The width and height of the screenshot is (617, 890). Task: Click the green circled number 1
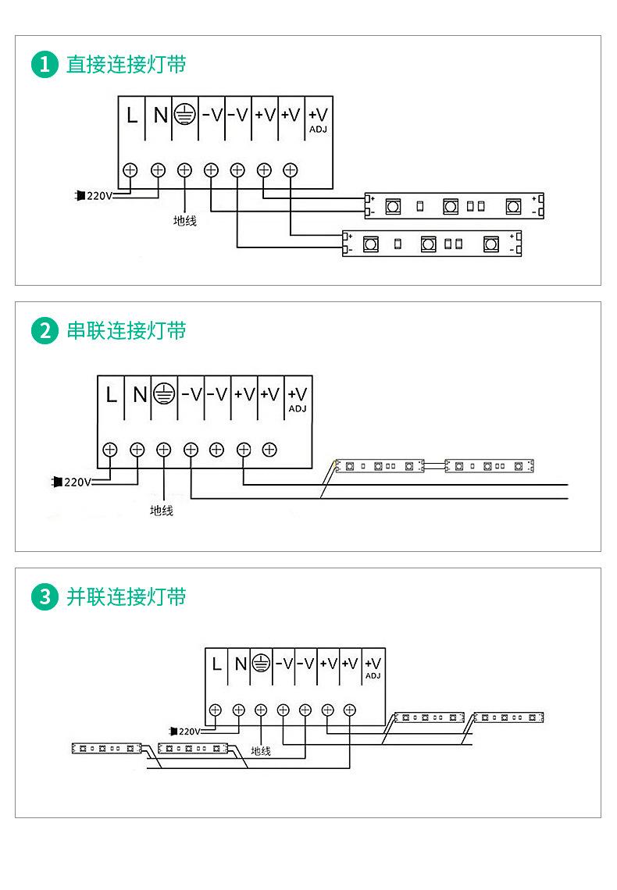[x=45, y=65]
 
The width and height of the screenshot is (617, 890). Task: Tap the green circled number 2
[x=45, y=331]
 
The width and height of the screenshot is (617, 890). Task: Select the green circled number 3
[x=45, y=598]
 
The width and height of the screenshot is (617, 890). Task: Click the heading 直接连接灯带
[x=126, y=65]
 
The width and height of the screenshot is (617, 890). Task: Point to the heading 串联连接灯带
[x=126, y=331]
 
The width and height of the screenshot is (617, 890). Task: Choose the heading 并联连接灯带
[x=126, y=598]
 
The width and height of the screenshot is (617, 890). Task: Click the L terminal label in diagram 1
[x=132, y=116]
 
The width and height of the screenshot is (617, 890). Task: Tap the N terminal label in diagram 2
[x=139, y=395]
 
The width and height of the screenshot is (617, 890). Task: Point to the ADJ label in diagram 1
[x=318, y=129]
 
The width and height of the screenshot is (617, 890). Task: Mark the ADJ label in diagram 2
[x=298, y=408]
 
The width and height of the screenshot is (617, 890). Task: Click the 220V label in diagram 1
[x=99, y=196]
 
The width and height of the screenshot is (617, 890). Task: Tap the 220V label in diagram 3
[x=189, y=732]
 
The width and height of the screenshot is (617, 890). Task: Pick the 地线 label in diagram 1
[x=185, y=221]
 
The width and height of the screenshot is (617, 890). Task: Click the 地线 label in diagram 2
[x=162, y=511]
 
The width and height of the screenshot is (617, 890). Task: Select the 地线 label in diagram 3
[x=261, y=751]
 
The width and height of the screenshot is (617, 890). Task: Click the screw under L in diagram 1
[x=131, y=169]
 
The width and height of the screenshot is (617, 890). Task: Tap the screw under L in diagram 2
[x=110, y=449]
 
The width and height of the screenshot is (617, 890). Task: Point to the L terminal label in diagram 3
[x=216, y=664]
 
